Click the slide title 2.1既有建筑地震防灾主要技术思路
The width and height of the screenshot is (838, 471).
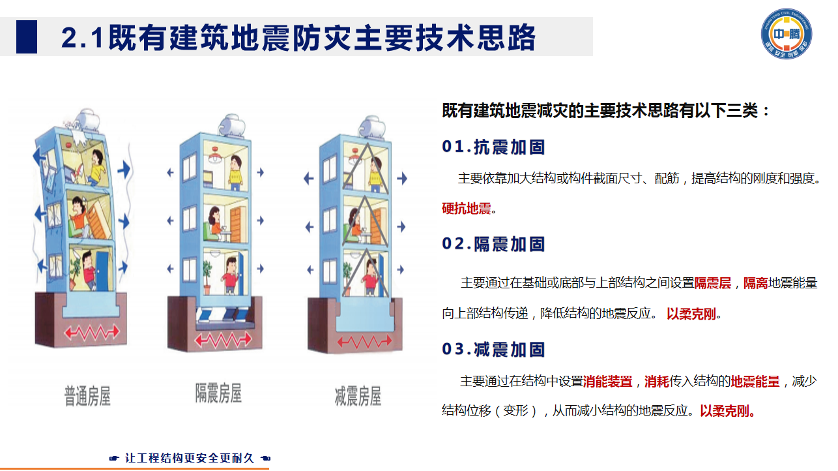pyautogui.click(x=298, y=38)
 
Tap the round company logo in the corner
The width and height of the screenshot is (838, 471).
pyautogui.click(x=787, y=33)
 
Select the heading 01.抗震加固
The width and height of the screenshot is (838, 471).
pyautogui.click(x=493, y=147)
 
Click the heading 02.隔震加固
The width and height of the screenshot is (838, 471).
pyautogui.click(x=493, y=244)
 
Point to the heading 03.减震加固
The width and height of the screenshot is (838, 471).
pyautogui.click(x=493, y=350)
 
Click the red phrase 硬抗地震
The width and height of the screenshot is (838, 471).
pyautogui.click(x=466, y=209)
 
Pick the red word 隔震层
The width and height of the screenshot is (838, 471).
pyautogui.click(x=712, y=283)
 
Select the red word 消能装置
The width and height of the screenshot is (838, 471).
pyautogui.click(x=607, y=382)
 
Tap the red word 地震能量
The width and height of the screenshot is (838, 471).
pyautogui.click(x=755, y=382)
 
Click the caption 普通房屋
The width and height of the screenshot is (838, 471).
pyautogui.click(x=87, y=396)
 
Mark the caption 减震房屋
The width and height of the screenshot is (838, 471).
pyautogui.click(x=358, y=396)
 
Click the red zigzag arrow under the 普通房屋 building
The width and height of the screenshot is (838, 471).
pyautogui.click(x=91, y=332)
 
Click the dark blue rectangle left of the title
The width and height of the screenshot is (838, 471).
pyautogui.click(x=27, y=37)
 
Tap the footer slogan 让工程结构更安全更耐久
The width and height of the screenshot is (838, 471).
pyautogui.click(x=189, y=459)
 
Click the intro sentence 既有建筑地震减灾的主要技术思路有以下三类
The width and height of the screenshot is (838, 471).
pyautogui.click(x=606, y=110)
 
